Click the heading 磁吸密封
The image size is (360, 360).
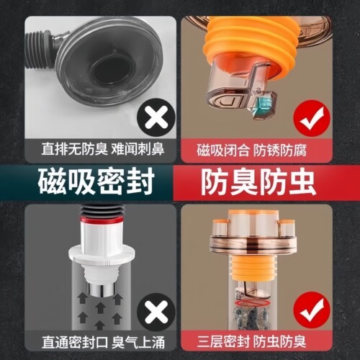tap(93, 180)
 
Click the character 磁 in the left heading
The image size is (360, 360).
tap(51, 180)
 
